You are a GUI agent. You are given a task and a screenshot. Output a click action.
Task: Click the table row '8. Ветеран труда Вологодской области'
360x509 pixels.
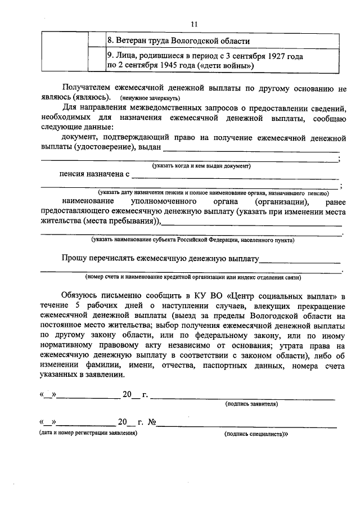(178, 41)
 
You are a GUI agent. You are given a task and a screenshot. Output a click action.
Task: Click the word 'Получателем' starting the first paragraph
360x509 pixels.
(87, 88)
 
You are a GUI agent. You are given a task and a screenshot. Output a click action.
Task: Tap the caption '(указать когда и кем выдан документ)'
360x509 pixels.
(201, 166)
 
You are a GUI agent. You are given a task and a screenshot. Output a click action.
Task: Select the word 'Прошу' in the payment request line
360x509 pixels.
(76, 259)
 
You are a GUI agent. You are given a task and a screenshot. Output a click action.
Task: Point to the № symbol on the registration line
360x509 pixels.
(151, 422)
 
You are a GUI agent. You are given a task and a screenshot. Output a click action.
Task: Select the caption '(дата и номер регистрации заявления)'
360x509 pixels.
(88, 434)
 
